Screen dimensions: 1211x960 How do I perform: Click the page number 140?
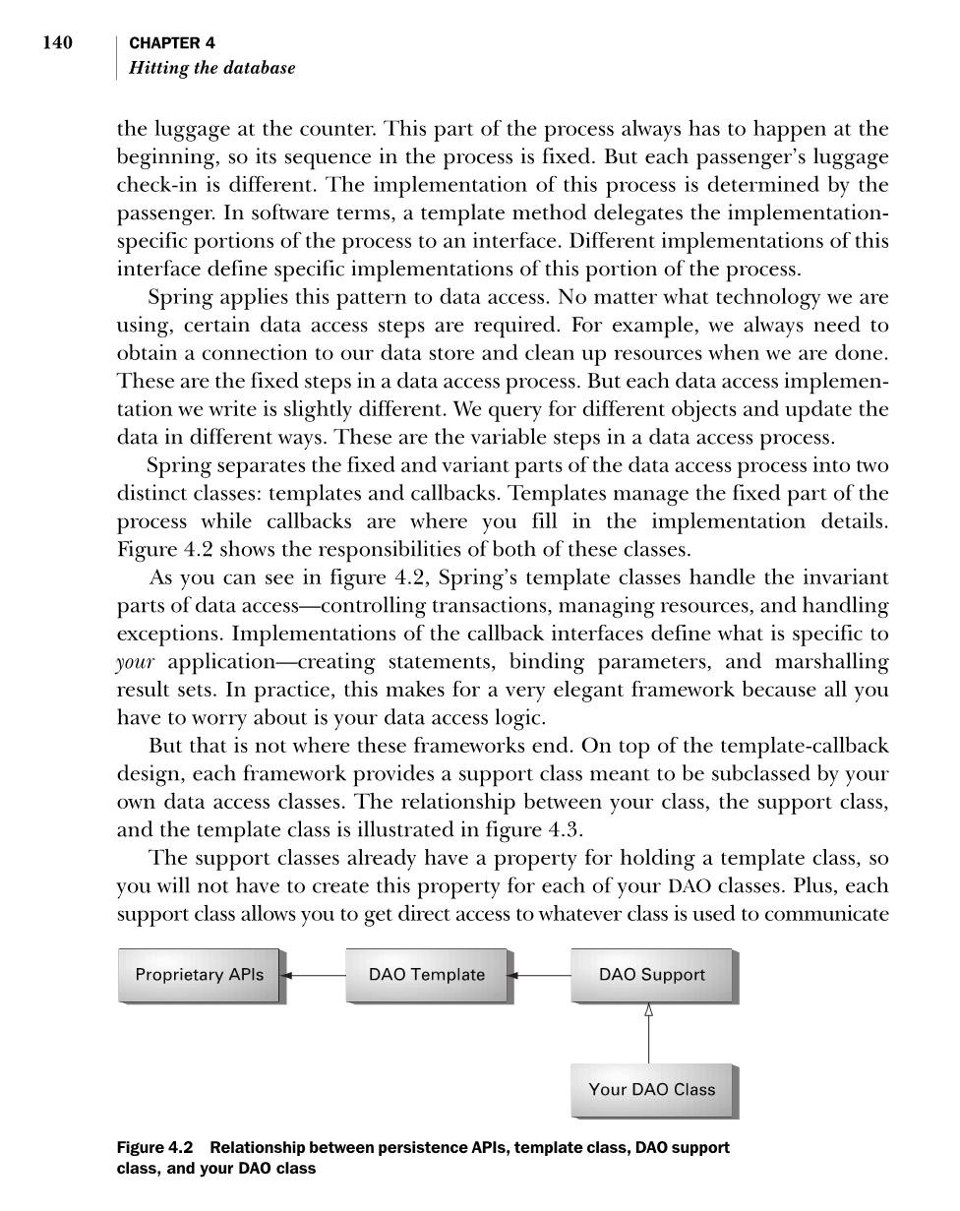[x=57, y=42]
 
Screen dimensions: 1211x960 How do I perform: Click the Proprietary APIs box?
[x=200, y=975]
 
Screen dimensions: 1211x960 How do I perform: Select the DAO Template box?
[x=427, y=975]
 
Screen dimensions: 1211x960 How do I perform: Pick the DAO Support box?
[x=651, y=975]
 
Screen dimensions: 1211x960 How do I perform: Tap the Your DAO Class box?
[x=651, y=1090]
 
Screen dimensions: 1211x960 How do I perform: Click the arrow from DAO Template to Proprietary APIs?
[x=313, y=976]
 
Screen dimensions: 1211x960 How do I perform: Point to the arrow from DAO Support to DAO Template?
[x=539, y=976]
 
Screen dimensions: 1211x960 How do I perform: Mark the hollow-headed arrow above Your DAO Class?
[x=648, y=1033]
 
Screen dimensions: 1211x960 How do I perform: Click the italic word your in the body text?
[x=136, y=661]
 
